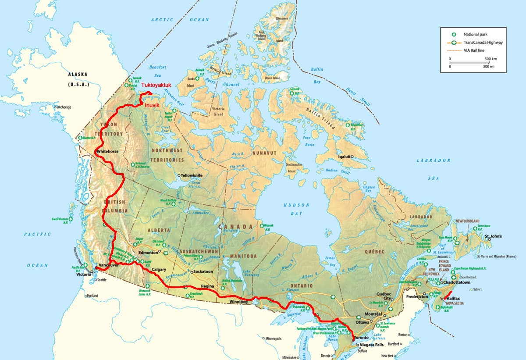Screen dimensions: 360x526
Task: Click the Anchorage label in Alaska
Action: [x=64, y=107]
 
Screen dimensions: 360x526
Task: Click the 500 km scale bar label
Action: [x=490, y=58]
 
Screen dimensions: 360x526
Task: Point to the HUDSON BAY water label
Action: [x=296, y=209]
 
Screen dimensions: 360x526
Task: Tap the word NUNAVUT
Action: [x=264, y=153]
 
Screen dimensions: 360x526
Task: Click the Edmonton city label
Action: [x=147, y=253]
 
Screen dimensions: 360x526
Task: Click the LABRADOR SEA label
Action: [x=434, y=169]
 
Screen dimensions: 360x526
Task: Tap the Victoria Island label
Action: [x=218, y=111]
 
